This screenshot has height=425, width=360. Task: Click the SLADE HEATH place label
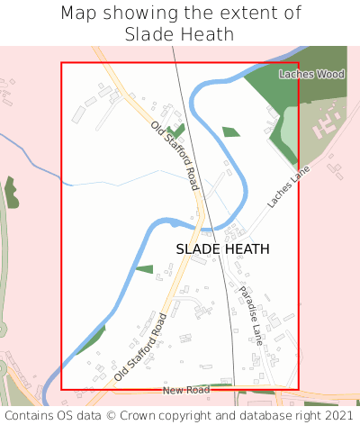222,249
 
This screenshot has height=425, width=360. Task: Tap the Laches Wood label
311,74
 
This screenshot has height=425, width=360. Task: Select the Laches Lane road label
287,186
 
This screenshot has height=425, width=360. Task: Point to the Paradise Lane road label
249,315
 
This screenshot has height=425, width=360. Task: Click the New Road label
185,390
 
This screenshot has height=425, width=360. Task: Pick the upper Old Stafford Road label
175,155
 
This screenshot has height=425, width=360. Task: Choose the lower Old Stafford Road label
141,346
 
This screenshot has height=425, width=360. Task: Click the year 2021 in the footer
337,415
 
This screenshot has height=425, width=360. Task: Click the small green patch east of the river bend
231,131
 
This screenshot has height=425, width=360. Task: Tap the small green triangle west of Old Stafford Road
145,268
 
